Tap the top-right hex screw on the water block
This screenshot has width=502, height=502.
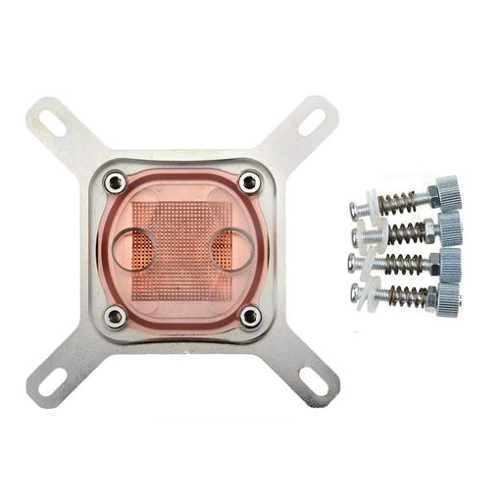pyautogui.click(x=250, y=181)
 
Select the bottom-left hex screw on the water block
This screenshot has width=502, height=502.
pyautogui.click(x=116, y=315)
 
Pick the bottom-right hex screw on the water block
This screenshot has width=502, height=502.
pyautogui.click(x=250, y=316)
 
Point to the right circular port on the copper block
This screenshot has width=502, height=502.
pyautogui.click(x=232, y=249)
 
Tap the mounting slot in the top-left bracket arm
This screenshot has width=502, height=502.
pyautogui.click(x=53, y=125)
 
